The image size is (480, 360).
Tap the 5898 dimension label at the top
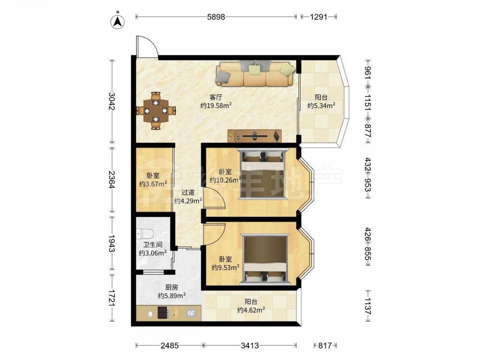(216, 17)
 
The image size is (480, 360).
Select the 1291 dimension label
(319, 17)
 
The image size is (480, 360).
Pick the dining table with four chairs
(156, 110)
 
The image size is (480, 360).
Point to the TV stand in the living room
(254, 136)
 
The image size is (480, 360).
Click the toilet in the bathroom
(144, 234)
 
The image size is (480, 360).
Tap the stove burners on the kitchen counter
(163, 312)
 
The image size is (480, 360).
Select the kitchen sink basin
(192, 313)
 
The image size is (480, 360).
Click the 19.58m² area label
(216, 106)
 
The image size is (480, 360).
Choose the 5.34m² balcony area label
(321, 106)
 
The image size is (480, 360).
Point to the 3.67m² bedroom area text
(153, 184)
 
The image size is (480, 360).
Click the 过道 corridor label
(188, 192)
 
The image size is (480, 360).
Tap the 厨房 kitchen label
(171, 287)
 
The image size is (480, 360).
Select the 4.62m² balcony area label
(251, 310)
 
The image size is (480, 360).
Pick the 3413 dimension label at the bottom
(250, 346)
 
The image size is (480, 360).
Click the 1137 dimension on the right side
(368, 306)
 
